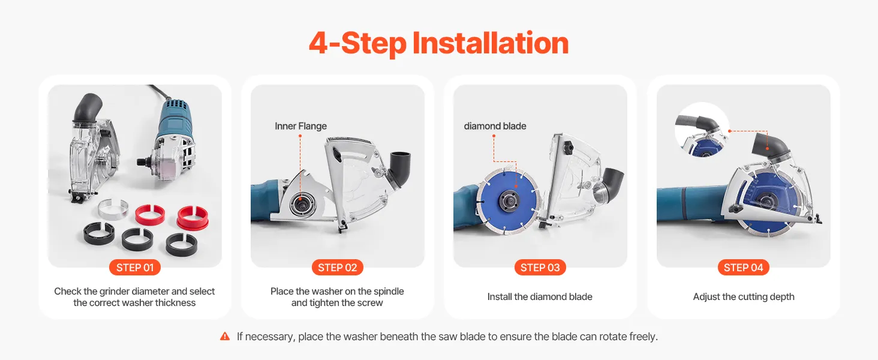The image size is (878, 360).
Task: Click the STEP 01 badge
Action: coord(134,268)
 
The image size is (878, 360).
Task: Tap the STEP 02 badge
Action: coord(338,268)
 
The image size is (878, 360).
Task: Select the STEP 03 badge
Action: coord(540,268)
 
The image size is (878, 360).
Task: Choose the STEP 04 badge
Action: coord(744,268)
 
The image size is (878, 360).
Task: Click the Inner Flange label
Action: coord(300,126)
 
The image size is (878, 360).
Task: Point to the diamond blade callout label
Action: coord(495,126)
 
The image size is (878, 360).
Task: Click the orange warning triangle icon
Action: coord(225,336)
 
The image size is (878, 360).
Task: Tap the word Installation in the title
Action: coord(491,43)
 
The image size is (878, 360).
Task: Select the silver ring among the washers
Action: coord(113,208)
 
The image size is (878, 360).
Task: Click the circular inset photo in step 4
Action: coord(702,130)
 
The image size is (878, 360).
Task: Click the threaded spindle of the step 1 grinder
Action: coord(143,160)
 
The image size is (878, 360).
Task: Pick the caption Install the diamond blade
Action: coord(540,297)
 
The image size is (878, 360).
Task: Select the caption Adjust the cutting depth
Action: coord(744,297)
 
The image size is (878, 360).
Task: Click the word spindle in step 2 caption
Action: coord(389,292)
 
